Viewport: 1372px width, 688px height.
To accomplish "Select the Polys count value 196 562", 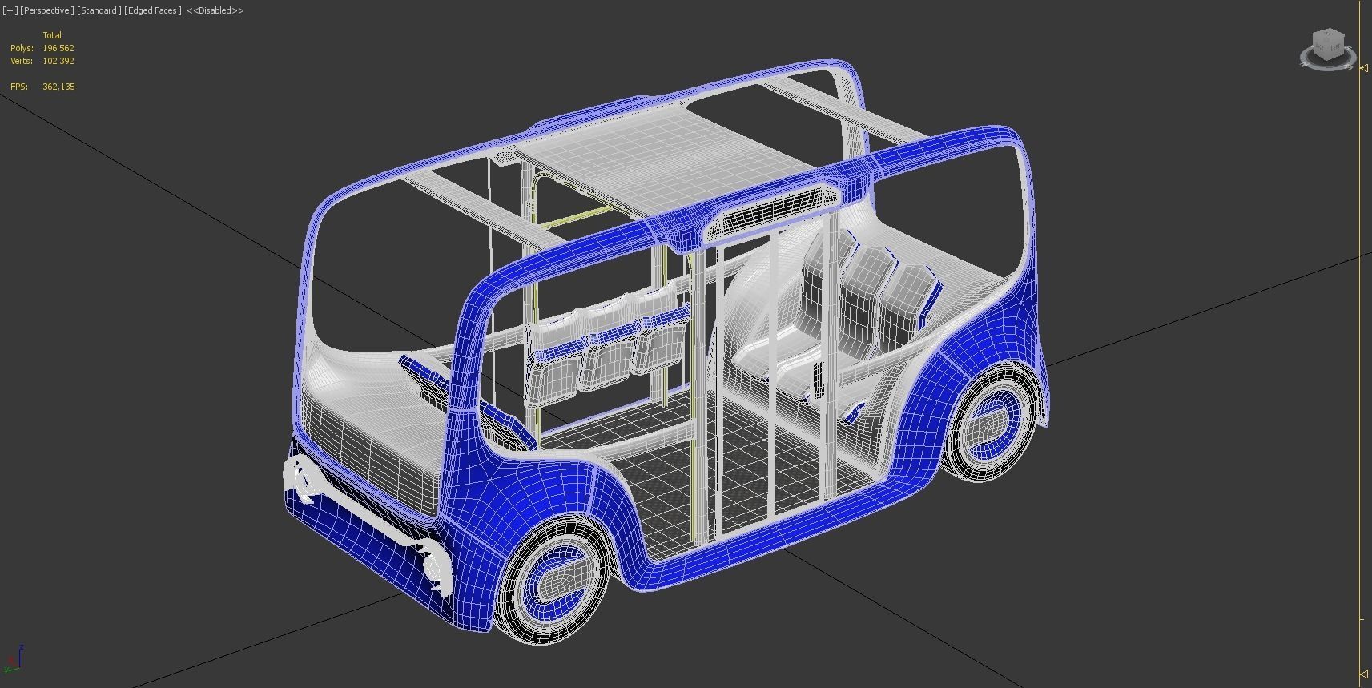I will tap(58, 48).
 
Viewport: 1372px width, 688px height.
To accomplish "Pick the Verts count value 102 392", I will tap(58, 61).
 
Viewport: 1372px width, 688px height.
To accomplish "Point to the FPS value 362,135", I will tap(58, 87).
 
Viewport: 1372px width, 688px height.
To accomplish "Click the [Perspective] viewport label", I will tap(47, 10).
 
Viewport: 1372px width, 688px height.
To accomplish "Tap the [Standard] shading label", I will tap(99, 10).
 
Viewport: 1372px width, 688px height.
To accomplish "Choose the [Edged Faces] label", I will tap(153, 10).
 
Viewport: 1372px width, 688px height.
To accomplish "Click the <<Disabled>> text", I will tap(215, 10).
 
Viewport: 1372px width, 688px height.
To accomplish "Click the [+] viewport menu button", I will tap(10, 10).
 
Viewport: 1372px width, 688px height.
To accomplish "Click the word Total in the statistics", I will tap(52, 35).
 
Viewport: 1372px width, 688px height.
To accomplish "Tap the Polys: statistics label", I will tap(22, 48).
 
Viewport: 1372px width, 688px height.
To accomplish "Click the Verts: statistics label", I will tap(22, 61).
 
